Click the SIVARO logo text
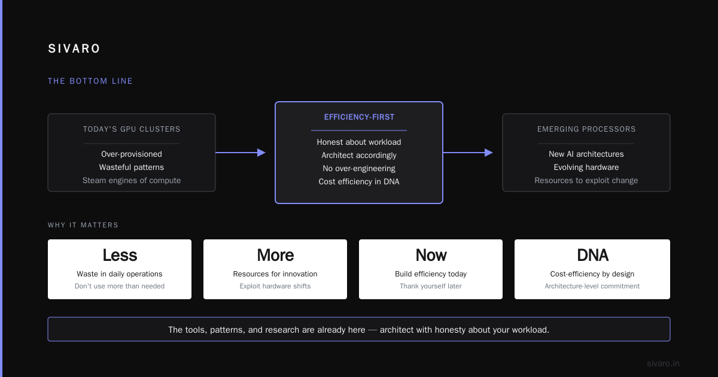pos(74,48)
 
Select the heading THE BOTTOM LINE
pos(90,81)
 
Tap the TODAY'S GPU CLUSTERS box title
pos(132,129)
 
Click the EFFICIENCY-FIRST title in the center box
pos(359,117)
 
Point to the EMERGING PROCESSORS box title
pos(586,129)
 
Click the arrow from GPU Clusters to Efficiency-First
pos(241,153)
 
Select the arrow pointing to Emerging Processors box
pos(468,153)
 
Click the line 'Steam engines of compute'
pos(132,181)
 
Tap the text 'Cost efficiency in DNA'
pos(359,182)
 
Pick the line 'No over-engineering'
pos(359,169)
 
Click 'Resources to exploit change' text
pos(586,181)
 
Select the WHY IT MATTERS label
pos(83,225)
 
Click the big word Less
pos(120,255)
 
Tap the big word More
pos(275,255)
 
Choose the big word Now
pos(431,255)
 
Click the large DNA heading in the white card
pos(592,255)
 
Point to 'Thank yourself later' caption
pos(431,286)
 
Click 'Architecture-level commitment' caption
pos(592,286)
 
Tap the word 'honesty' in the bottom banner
pos(450,330)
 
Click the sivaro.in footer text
pos(663,363)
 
